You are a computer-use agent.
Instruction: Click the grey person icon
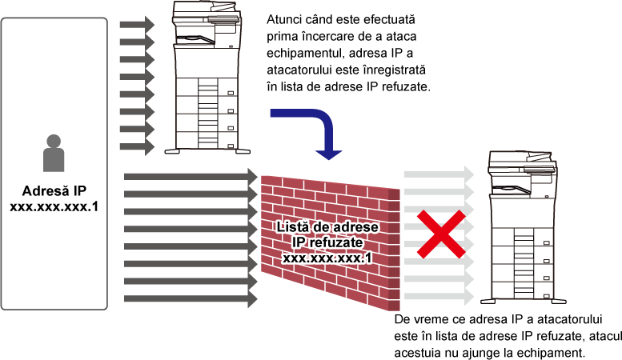54,154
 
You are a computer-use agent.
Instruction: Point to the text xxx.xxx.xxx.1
327,258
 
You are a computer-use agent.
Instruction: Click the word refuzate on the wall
339,243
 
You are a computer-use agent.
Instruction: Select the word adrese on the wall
355,227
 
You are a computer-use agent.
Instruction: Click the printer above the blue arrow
207,76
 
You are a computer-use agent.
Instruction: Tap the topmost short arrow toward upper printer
137,25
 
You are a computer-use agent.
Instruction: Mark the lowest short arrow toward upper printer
137,147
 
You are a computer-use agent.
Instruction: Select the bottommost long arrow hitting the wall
191,298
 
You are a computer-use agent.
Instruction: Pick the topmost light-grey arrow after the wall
439,174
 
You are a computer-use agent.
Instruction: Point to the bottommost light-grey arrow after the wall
439,297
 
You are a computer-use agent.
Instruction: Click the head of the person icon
54,141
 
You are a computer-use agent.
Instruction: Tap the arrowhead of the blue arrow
328,153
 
